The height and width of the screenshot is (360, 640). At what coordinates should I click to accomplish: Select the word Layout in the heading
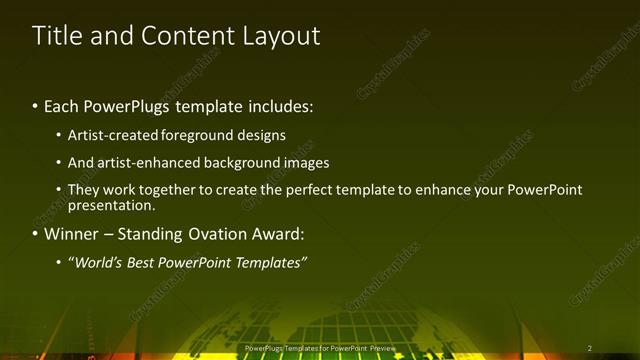281,36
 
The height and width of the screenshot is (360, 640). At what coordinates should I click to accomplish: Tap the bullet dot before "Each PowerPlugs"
36,106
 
